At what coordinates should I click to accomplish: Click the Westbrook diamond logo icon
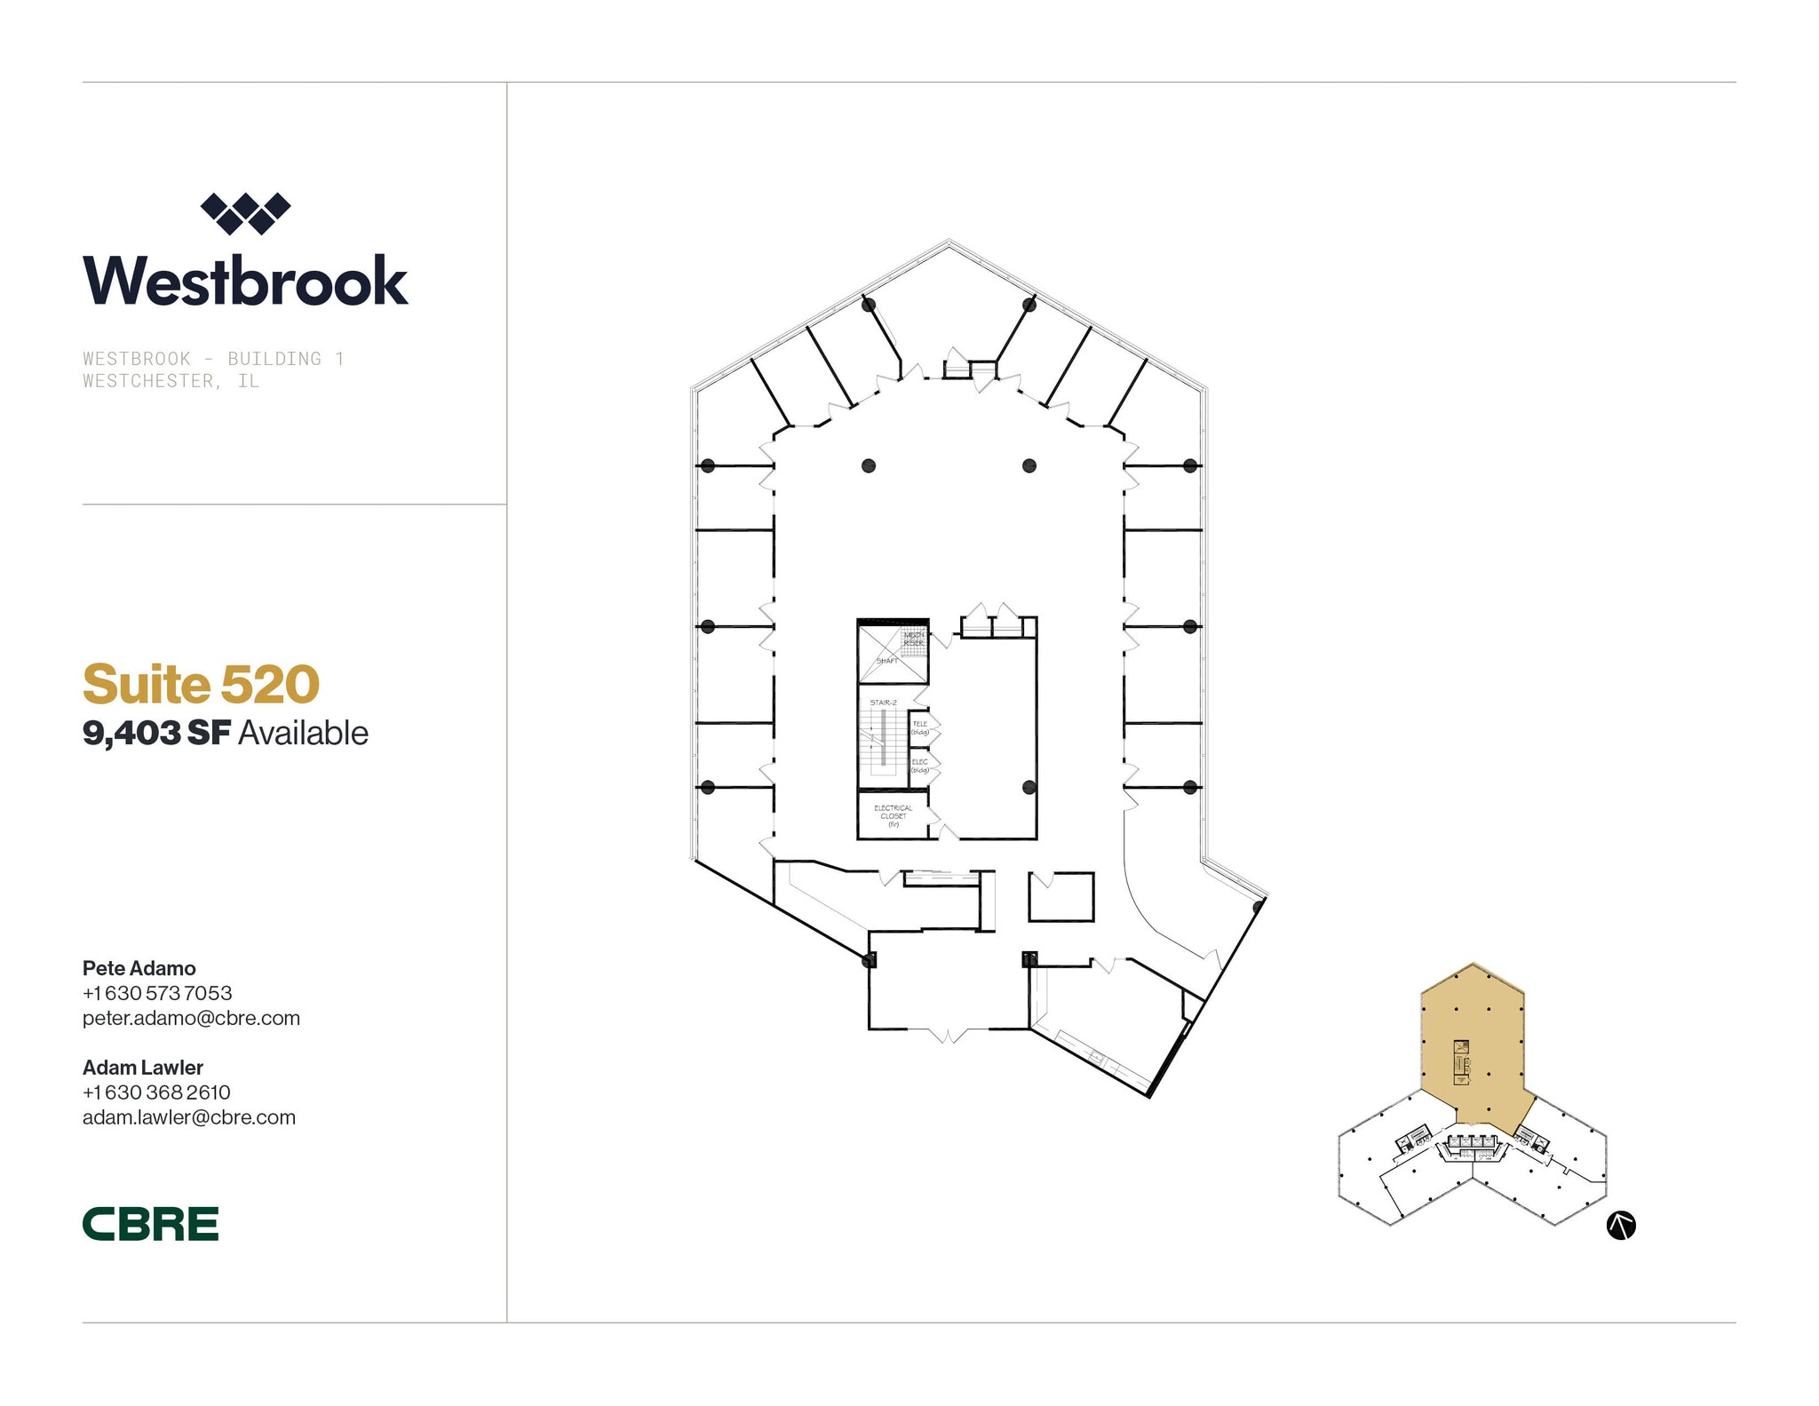tap(245, 213)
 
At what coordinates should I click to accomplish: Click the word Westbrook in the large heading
tap(245, 282)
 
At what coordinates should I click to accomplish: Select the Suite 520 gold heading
tap(201, 684)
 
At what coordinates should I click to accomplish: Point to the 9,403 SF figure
tap(156, 734)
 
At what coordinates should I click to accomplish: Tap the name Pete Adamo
tap(139, 968)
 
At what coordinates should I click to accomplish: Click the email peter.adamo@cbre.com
tap(191, 1018)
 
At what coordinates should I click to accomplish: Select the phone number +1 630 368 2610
tap(156, 1092)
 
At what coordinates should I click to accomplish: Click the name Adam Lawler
tap(143, 1068)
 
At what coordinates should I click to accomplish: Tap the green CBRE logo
tap(150, 1224)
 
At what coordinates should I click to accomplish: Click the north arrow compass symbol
tap(1621, 1226)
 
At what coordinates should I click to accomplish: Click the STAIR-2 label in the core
tap(883, 703)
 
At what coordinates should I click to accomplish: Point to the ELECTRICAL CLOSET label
tap(893, 815)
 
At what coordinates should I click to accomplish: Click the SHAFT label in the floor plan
tap(886, 661)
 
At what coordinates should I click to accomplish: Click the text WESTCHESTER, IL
tap(171, 381)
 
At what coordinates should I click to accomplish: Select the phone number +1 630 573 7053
tap(157, 993)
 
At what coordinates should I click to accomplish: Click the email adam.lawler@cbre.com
tap(189, 1117)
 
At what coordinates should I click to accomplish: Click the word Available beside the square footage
tap(303, 734)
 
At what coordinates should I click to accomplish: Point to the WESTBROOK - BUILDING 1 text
tap(213, 359)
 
